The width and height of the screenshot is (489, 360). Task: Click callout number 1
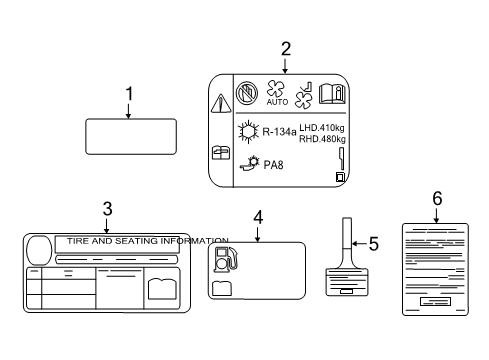click(x=128, y=94)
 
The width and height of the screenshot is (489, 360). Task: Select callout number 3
click(x=106, y=209)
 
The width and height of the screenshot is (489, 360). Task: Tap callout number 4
click(x=257, y=216)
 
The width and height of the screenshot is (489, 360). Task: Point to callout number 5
click(x=375, y=243)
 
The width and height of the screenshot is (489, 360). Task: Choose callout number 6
click(x=436, y=199)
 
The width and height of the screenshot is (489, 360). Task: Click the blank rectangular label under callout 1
click(x=132, y=137)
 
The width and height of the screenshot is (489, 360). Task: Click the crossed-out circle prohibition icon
click(x=246, y=93)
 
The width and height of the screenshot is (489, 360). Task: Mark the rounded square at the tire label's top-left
click(x=39, y=249)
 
